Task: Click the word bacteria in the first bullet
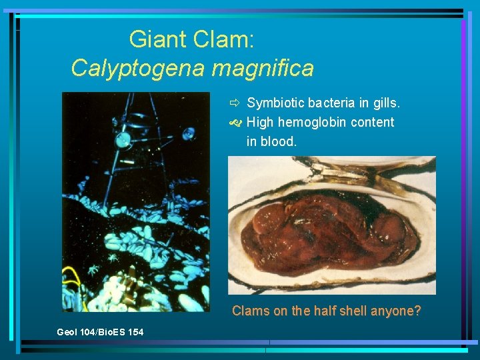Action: [329, 103]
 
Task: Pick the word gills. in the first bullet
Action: [385, 103]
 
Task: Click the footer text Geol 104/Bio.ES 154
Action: [100, 332]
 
